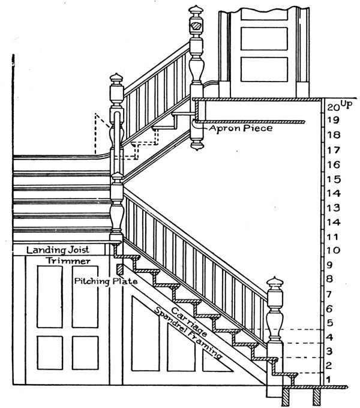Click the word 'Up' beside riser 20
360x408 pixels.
347,104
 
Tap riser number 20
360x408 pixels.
334,108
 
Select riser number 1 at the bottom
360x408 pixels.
328,379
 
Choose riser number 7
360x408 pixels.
329,294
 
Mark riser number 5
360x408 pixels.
329,323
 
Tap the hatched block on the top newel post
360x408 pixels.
196,27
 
